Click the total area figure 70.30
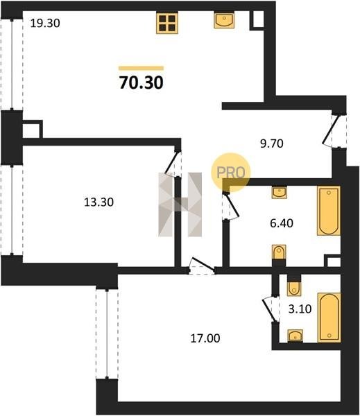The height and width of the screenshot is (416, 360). click(142, 83)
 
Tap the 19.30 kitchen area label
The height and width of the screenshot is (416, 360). click(45, 24)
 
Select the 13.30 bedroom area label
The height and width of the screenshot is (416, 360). click(98, 202)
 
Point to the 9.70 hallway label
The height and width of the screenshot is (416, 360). click(272, 144)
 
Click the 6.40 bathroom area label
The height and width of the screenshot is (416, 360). click(282, 223)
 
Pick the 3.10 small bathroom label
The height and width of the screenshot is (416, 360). click(300, 309)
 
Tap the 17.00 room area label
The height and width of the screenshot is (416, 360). click(205, 338)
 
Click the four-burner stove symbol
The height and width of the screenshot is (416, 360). click(166, 23)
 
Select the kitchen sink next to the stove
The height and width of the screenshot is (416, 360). click(224, 20)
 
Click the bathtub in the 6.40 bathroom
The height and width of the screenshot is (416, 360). click(329, 211)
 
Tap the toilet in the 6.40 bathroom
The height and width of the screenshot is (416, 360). click(279, 252)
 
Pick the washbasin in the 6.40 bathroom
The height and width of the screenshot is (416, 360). click(280, 192)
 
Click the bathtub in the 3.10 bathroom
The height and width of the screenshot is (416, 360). click(329, 318)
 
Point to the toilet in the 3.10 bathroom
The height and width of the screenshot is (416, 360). click(294, 288)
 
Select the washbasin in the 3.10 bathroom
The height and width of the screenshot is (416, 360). click(295, 336)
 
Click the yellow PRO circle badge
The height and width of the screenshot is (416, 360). click(231, 173)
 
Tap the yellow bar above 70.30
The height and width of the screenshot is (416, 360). click(141, 68)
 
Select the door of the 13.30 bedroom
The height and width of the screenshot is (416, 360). click(173, 162)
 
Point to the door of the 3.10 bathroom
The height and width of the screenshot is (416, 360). click(270, 309)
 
